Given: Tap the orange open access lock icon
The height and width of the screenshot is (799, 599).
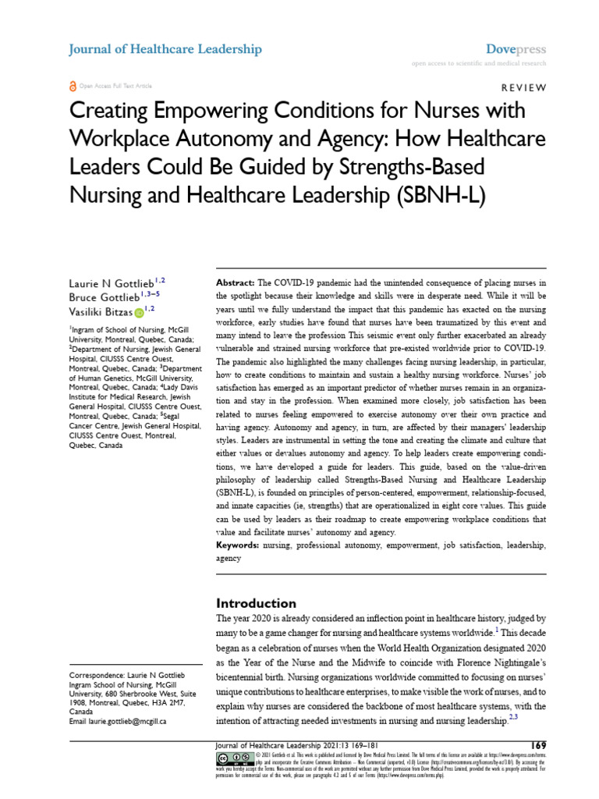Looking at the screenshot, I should click(73, 86).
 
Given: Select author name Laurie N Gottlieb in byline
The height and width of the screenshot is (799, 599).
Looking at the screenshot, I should click(111, 285).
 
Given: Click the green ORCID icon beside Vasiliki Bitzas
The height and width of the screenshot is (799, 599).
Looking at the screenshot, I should click(139, 314).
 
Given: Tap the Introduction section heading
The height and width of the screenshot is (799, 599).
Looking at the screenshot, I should click(255, 603).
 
